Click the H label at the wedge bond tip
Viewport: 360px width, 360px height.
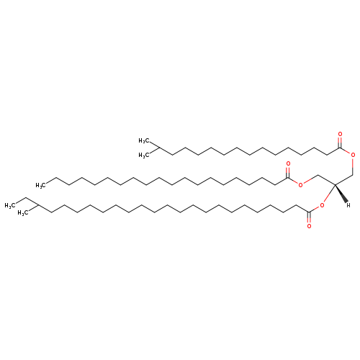[x=348, y=205]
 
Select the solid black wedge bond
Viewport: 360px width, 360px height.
[x=341, y=193]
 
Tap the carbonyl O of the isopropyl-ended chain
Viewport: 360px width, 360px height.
[x=340, y=134]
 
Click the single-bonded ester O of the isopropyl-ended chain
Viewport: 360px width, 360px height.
[x=353, y=155]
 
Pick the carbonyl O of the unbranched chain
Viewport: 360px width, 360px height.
[x=288, y=164]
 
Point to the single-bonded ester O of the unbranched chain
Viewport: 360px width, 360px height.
[x=300, y=184]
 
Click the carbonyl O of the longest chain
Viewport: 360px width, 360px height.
[x=309, y=226]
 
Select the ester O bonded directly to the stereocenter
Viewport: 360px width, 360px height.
[x=322, y=205]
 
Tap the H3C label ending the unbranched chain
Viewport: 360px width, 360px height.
[x=40, y=185]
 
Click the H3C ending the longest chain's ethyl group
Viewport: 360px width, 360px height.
[x=10, y=205]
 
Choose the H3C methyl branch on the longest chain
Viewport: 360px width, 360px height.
[x=23, y=213]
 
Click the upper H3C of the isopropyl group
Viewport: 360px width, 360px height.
[x=144, y=140]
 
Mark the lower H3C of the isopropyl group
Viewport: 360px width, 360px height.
[x=144, y=156]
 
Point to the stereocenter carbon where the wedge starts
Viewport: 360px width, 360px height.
[x=335, y=184]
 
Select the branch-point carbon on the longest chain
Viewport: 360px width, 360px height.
[x=38, y=205]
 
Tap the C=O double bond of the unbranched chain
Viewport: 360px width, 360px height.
[x=288, y=172]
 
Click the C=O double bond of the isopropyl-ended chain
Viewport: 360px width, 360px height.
[x=340, y=143]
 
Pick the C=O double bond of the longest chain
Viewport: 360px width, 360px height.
[x=309, y=218]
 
